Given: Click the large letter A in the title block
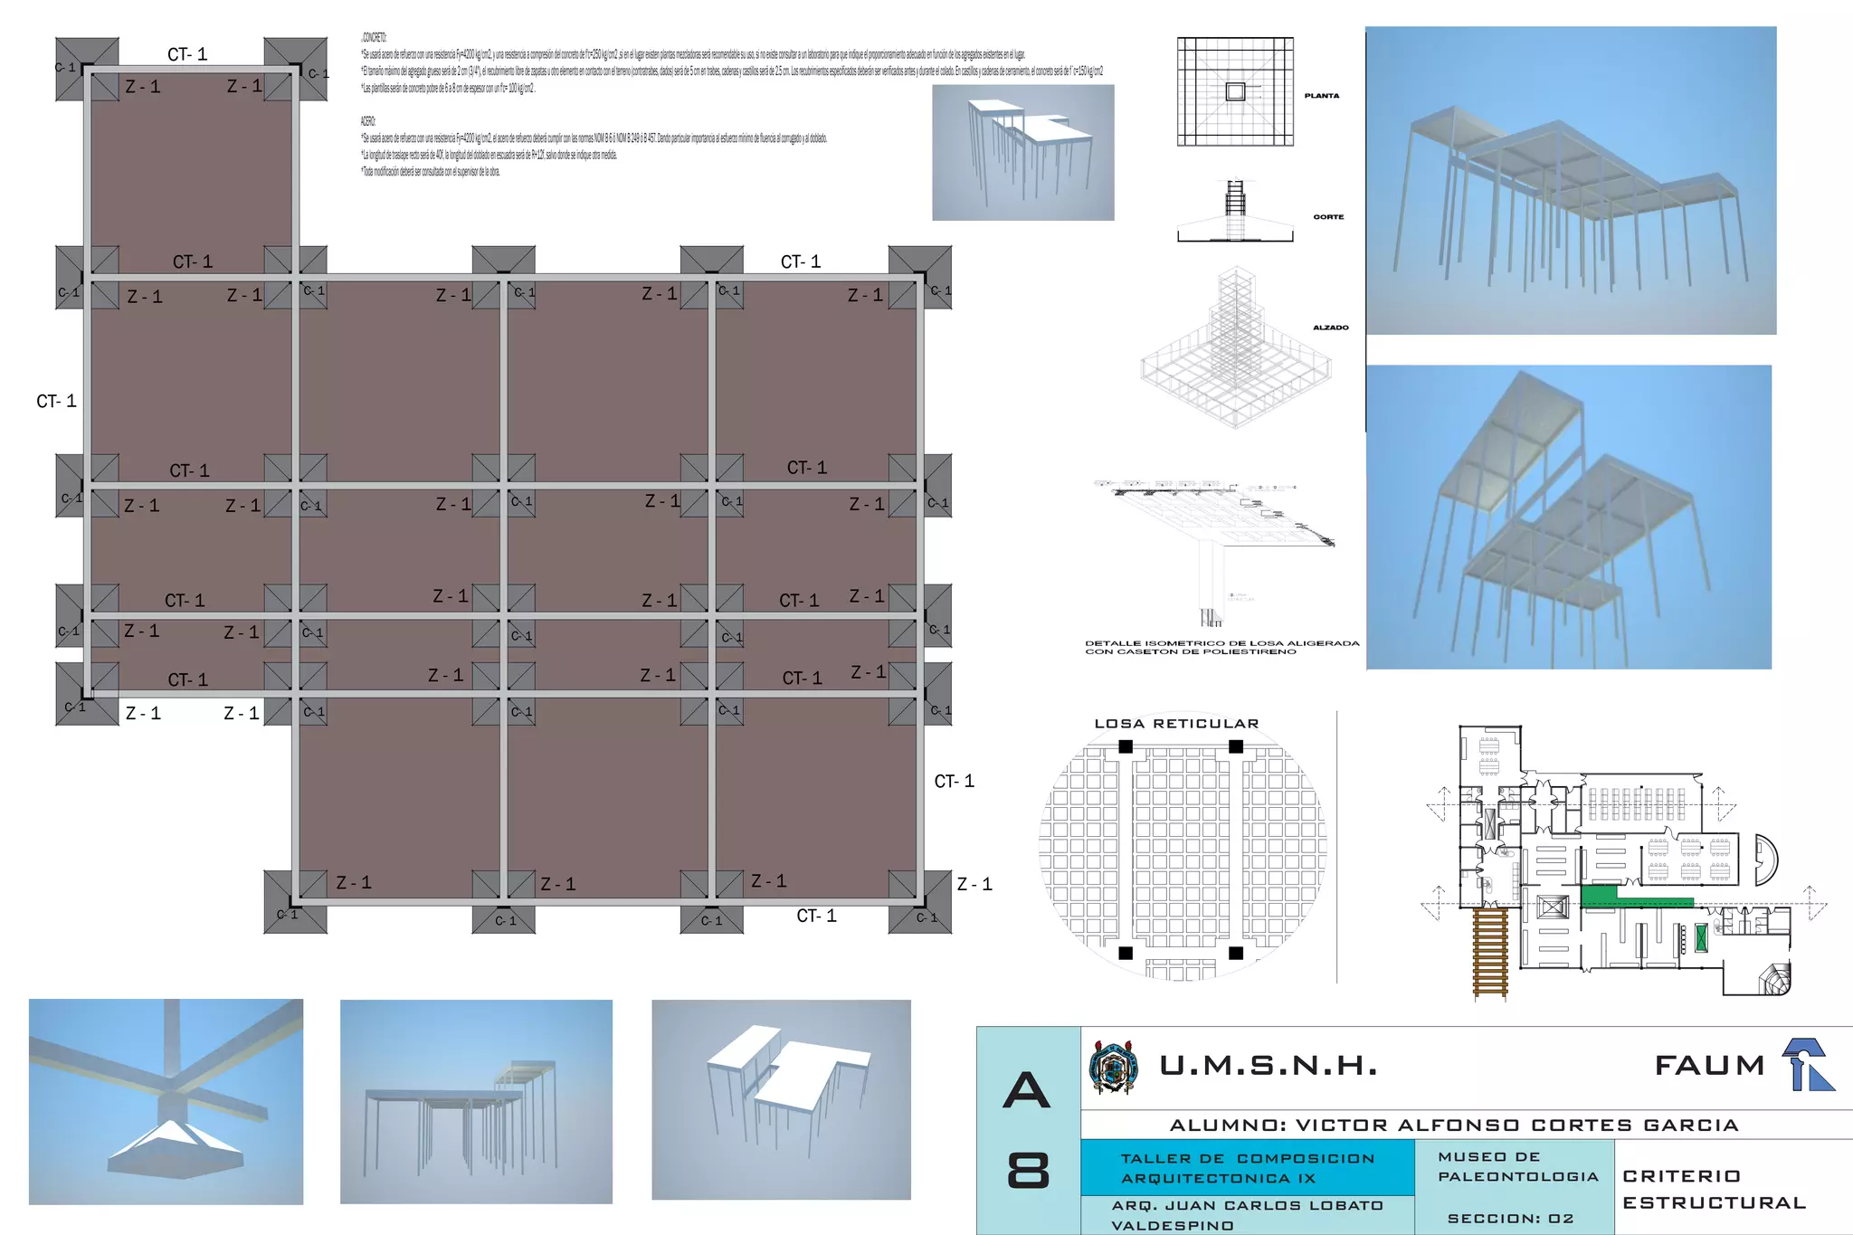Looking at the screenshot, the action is pyautogui.click(x=1027, y=1089).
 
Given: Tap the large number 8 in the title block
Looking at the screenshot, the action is pyautogui.click(x=1028, y=1171).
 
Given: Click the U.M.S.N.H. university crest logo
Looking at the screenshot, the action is pyautogui.click(x=1113, y=1068).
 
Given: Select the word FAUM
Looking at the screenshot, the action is pyautogui.click(x=1709, y=1066).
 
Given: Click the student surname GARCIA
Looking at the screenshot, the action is pyautogui.click(x=1690, y=1126).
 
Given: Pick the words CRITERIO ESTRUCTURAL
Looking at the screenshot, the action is pyautogui.click(x=1713, y=1189).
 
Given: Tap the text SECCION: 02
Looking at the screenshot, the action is pyautogui.click(x=1510, y=1219).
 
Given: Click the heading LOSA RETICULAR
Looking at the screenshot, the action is pyautogui.click(x=1176, y=724).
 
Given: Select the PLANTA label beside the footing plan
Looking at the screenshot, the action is pyautogui.click(x=1321, y=96).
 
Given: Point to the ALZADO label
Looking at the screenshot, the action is pyautogui.click(x=1330, y=328).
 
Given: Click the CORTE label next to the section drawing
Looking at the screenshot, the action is pyautogui.click(x=1328, y=217).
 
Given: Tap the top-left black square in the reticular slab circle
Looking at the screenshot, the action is pyautogui.click(x=1126, y=746).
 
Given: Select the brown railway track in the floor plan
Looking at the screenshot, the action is pyautogui.click(x=1490, y=953).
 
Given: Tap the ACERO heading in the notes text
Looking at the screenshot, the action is pyautogui.click(x=367, y=121).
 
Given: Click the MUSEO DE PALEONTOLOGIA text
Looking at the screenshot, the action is pyautogui.click(x=1517, y=1166).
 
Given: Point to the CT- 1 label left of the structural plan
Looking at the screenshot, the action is pyautogui.click(x=56, y=402).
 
